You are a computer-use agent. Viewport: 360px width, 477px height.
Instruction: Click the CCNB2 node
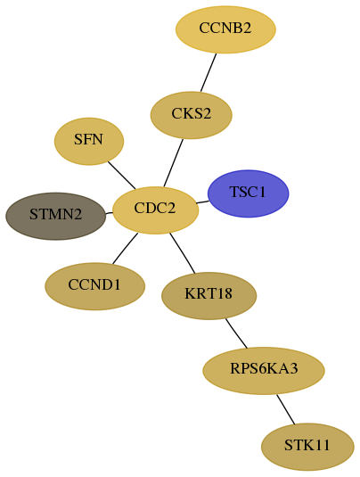[225, 29]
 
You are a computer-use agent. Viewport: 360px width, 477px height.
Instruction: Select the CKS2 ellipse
[192, 115]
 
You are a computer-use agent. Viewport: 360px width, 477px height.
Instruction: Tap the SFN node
[89, 142]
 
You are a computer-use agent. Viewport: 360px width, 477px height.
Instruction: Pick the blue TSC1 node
[248, 193]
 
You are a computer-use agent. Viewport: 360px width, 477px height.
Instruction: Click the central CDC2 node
[155, 210]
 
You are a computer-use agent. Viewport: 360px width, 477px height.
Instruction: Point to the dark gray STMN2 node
[56, 216]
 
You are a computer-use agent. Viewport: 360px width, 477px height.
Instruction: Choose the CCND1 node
[94, 286]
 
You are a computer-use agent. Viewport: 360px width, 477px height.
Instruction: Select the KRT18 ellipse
[209, 296]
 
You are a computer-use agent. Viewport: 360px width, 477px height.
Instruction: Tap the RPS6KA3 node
[264, 371]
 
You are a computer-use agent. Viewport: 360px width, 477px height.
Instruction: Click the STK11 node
[307, 447]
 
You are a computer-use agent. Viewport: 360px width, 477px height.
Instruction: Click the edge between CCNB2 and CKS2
[209, 72]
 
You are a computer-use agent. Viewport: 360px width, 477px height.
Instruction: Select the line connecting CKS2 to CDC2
[173, 163]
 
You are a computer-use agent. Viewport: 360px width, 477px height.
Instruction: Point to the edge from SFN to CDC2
[121, 176]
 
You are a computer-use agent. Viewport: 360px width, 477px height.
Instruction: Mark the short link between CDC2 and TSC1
[202, 202]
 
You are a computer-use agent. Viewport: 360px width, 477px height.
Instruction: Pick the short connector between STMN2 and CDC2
[109, 213]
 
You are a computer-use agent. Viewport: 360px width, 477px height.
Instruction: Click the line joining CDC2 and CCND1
[125, 248]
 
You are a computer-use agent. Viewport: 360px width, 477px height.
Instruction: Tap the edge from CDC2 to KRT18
[182, 253]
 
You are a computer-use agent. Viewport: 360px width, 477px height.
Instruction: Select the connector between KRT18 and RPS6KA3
[236, 333]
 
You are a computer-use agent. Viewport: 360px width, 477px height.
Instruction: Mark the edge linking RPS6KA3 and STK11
[285, 409]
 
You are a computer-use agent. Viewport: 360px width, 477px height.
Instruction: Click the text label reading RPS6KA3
[264, 369]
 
